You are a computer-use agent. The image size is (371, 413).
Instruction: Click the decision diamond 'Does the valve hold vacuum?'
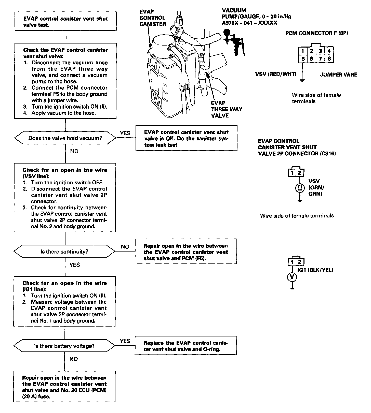pos(65,138)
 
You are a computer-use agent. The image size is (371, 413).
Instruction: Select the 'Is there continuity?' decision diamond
pos(64,252)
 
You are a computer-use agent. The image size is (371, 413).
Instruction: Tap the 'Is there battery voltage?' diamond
pos(64,346)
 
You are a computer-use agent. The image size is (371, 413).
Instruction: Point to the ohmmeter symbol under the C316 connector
pos(300,188)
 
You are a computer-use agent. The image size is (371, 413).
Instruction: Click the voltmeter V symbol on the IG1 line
pos(292,277)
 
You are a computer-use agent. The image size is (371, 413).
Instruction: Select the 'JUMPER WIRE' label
pos(339,75)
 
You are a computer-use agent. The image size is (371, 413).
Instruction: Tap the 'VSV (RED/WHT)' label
pos(276,74)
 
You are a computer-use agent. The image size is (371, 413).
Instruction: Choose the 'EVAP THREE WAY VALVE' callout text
pos(227,109)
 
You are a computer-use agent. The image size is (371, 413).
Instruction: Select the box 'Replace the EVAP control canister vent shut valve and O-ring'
pos(186,346)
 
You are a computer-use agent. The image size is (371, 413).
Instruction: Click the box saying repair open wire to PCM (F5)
pos(186,252)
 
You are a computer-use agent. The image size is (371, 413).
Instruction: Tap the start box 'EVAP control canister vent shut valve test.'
pos(66,22)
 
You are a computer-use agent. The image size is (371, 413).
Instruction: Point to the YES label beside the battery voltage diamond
pos(125,341)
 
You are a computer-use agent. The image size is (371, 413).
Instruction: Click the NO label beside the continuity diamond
pos(125,247)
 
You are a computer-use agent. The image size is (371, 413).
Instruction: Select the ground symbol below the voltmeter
pos(293,288)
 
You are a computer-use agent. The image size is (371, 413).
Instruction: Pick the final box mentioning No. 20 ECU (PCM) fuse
pos(64,387)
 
